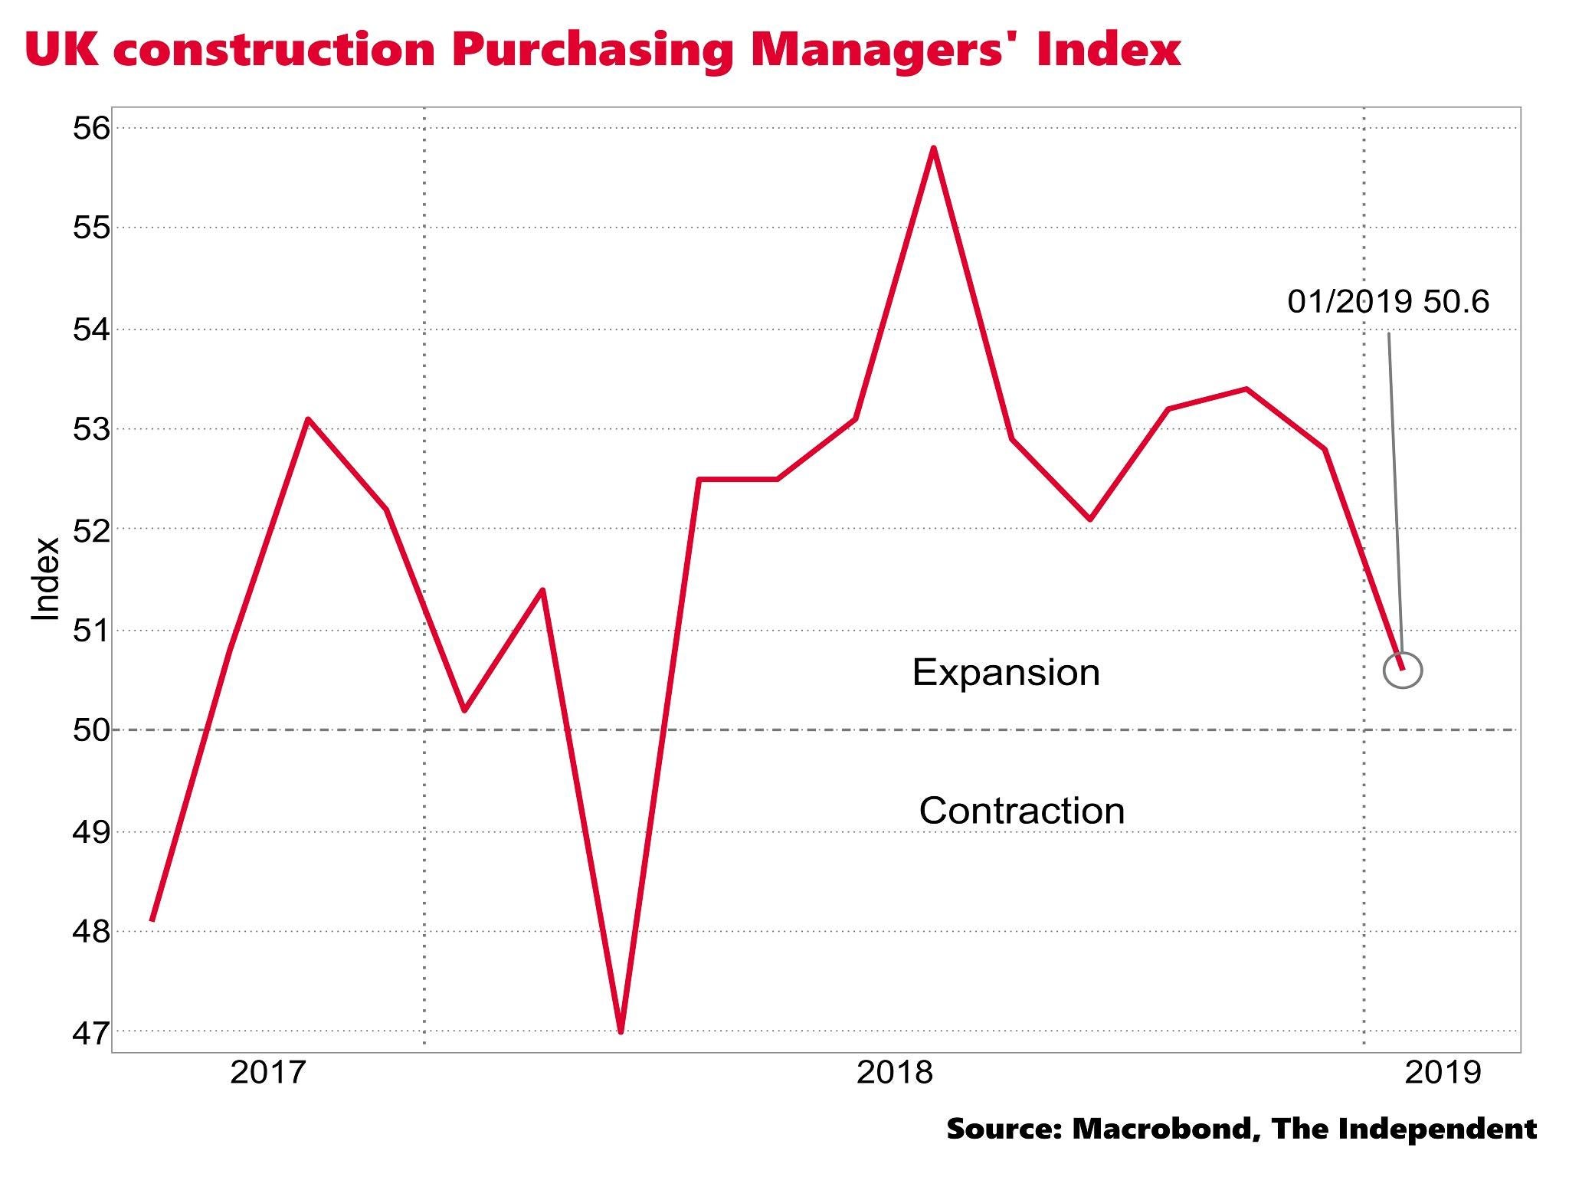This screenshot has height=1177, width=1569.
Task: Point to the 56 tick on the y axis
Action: [x=90, y=128]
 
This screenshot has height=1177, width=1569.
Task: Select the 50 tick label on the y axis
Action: [x=90, y=730]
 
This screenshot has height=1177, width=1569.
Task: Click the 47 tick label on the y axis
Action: [x=90, y=1031]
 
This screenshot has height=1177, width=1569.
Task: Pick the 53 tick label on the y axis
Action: [x=90, y=429]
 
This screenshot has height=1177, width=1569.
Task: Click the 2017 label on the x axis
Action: [x=268, y=1073]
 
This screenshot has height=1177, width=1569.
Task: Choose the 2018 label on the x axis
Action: [x=895, y=1073]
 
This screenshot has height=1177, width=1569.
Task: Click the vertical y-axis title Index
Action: [x=46, y=578]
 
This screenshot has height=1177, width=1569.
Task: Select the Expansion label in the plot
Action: [x=1006, y=673]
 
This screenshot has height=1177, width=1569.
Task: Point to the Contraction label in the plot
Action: [x=1021, y=811]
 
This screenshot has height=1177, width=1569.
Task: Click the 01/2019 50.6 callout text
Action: [x=1388, y=302]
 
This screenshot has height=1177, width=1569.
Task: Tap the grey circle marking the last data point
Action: [x=1403, y=670]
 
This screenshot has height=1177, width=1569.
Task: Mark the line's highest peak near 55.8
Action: [x=934, y=148]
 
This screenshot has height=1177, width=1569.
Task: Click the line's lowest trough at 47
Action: [x=621, y=1031]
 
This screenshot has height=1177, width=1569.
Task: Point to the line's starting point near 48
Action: [x=152, y=920]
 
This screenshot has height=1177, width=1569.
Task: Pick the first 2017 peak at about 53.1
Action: [x=307, y=419]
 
